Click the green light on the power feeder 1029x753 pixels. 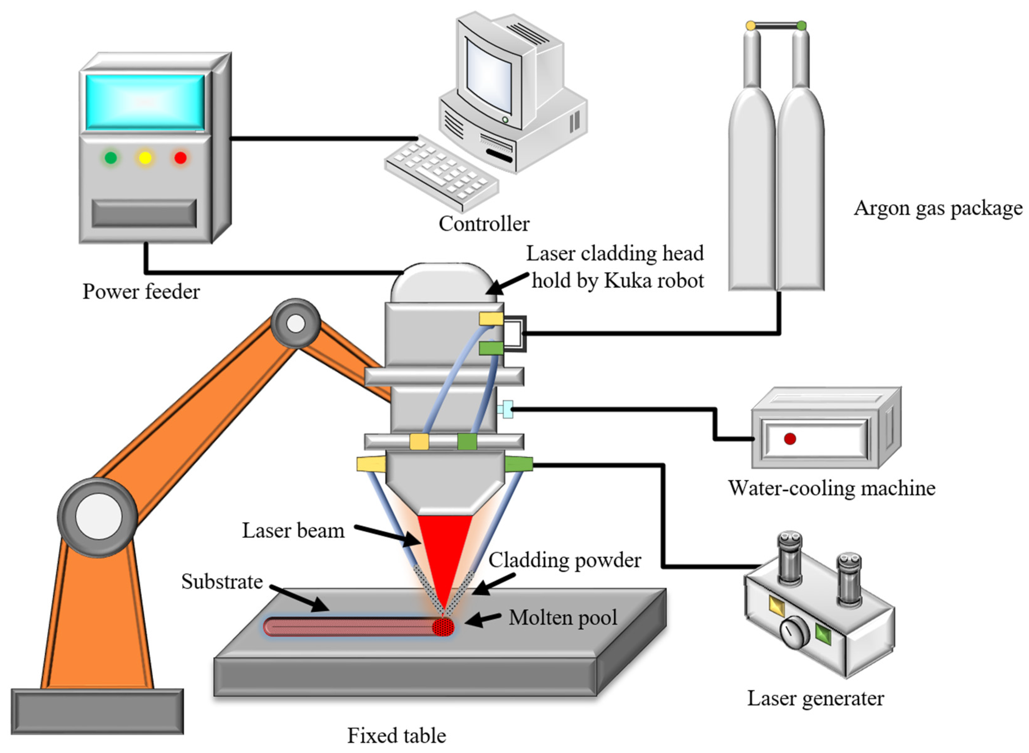click(110, 158)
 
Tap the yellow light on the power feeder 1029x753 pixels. click(145, 158)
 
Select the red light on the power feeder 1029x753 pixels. click(180, 158)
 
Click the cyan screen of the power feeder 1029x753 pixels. click(145, 102)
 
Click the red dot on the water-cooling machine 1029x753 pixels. click(790, 438)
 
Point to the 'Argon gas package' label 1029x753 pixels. click(938, 208)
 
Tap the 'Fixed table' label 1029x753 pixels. click(397, 735)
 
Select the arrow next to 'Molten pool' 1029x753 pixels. click(482, 619)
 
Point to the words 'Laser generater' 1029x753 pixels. click(815, 698)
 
